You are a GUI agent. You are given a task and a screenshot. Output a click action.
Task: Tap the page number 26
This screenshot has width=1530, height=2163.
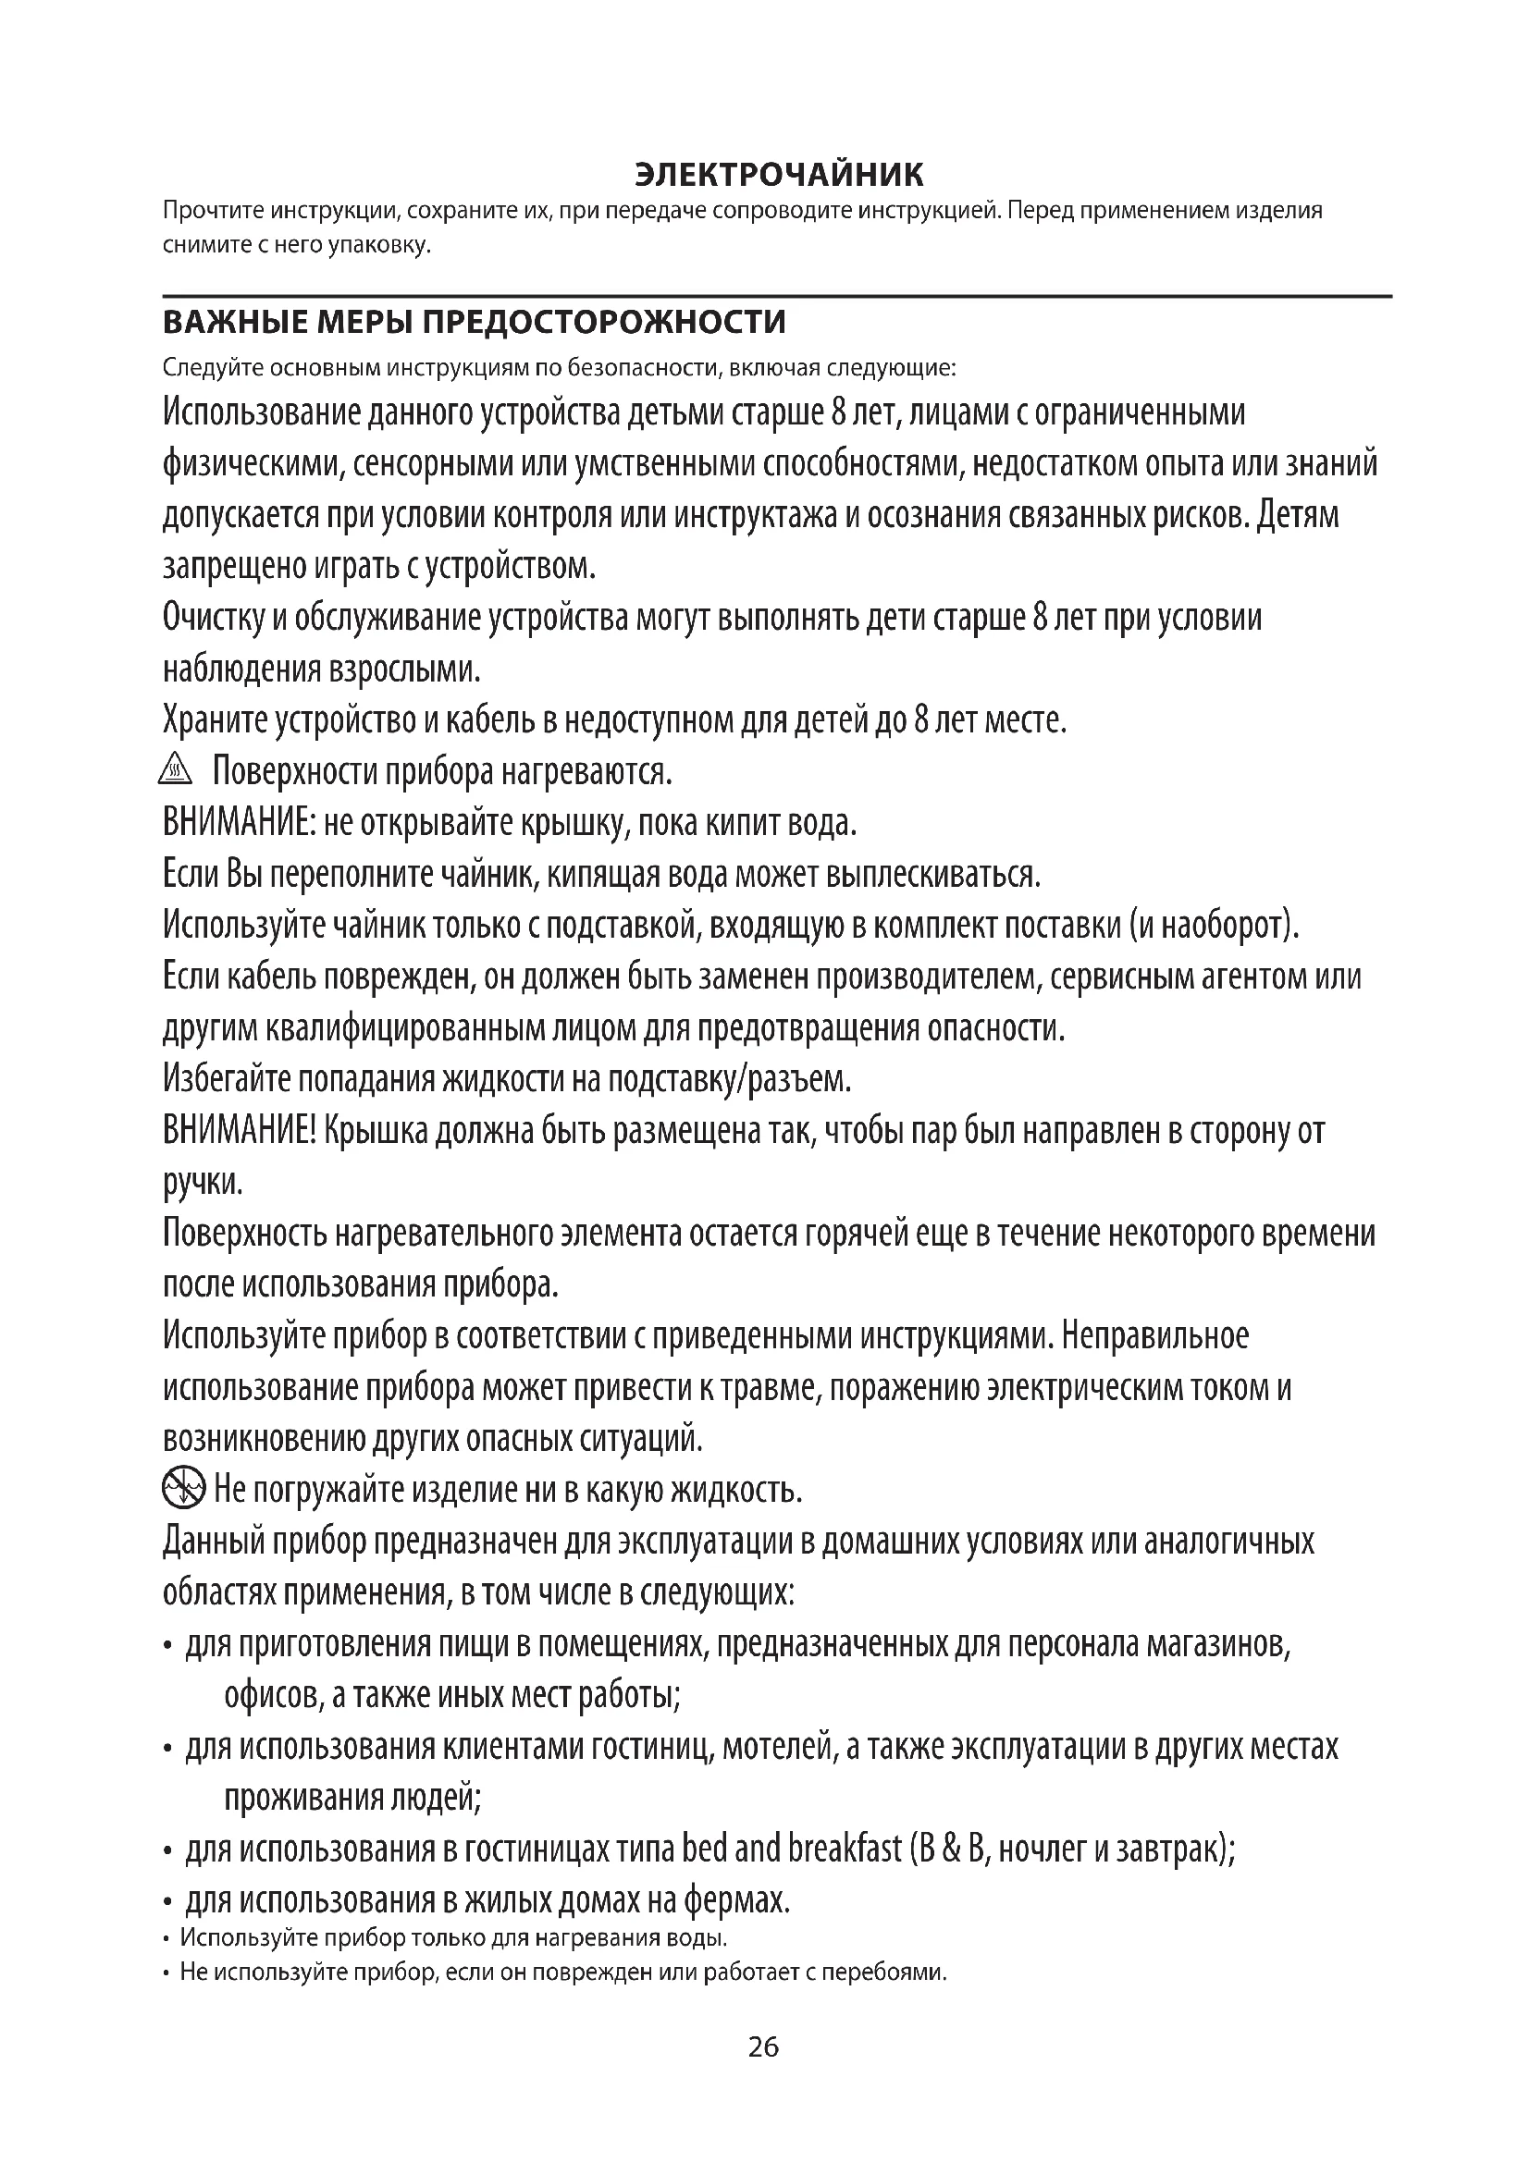[x=763, y=2072]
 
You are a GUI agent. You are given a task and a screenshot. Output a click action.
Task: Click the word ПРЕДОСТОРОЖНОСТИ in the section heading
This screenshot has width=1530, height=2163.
[x=603, y=322]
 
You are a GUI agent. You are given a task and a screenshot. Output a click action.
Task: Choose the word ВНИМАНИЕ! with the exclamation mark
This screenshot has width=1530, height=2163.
[x=240, y=1130]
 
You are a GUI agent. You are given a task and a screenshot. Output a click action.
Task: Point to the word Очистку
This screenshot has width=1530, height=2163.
[x=214, y=618]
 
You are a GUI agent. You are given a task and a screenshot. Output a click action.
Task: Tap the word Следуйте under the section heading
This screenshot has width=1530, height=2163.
[x=213, y=366]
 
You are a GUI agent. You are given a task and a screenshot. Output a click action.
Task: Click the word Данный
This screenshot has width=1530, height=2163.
[x=212, y=1542]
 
